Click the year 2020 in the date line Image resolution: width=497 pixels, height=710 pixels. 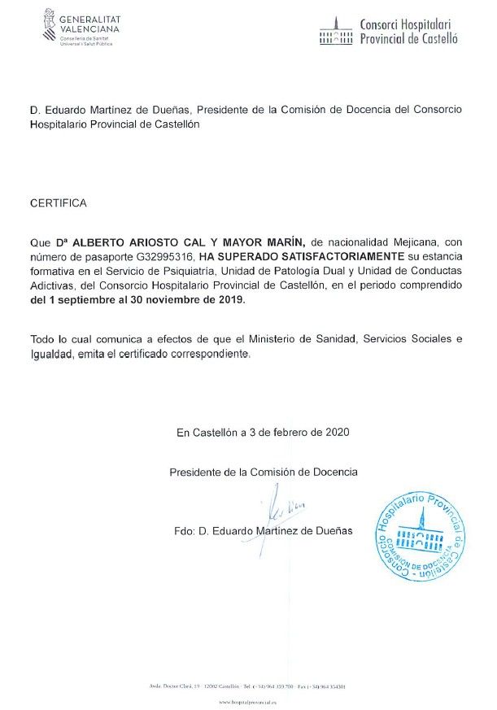pos(337,433)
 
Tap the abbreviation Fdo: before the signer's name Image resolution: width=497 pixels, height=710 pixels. pos(185,530)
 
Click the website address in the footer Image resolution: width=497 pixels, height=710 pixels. pos(248,700)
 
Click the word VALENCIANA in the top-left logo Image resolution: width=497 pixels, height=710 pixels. pos(89,29)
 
